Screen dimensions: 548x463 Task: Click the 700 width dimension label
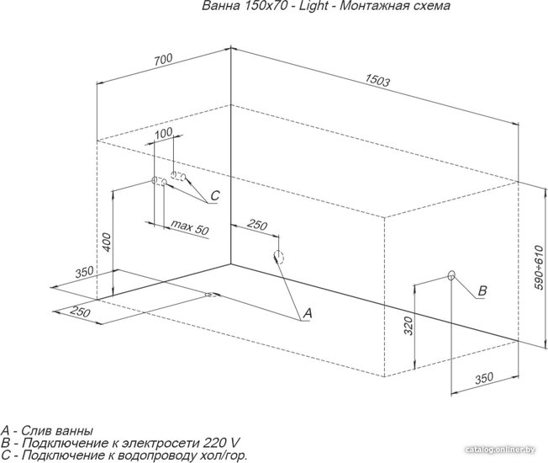(x=164, y=60)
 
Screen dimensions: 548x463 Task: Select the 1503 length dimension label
(x=377, y=81)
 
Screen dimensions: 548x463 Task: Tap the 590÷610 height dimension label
(x=539, y=268)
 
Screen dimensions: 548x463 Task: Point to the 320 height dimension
(x=409, y=326)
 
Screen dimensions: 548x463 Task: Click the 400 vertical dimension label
(x=107, y=242)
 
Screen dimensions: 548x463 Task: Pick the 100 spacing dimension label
(x=164, y=133)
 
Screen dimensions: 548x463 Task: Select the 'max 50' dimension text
(x=189, y=227)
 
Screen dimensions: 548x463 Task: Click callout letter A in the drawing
(x=308, y=313)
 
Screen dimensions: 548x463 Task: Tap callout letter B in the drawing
(x=482, y=290)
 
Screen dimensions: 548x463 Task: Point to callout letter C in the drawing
(x=214, y=195)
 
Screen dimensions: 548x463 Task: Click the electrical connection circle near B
(x=451, y=276)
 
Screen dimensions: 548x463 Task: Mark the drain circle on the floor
(x=211, y=295)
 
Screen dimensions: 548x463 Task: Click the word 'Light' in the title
(x=314, y=6)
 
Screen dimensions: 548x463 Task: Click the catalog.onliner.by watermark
(x=500, y=450)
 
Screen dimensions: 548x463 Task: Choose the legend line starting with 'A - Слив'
(x=47, y=430)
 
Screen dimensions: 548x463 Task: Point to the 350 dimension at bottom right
(x=484, y=378)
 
